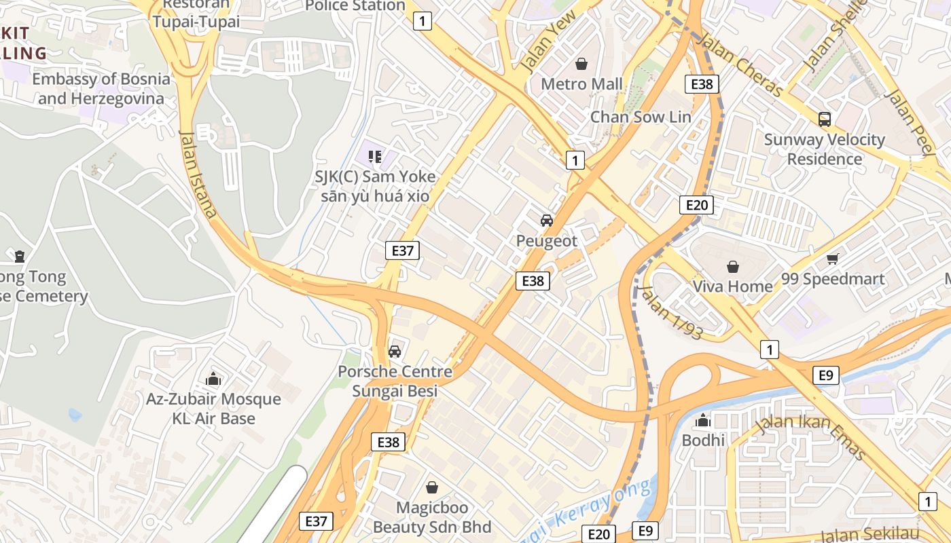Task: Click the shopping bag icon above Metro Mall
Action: (x=581, y=64)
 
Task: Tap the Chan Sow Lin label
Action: (x=640, y=117)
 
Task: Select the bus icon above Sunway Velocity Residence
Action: (x=825, y=119)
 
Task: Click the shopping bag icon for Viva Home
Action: (x=732, y=267)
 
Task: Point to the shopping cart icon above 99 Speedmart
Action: (x=833, y=259)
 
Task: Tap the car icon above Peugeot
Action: (x=546, y=221)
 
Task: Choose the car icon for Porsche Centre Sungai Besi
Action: (x=395, y=352)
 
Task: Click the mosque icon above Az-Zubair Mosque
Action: (x=213, y=379)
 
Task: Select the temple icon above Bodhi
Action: (x=703, y=420)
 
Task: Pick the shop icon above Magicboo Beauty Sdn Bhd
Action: (x=432, y=487)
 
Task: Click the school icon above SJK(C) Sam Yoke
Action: (x=375, y=157)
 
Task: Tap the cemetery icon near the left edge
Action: (x=20, y=257)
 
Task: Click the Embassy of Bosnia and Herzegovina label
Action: (x=101, y=89)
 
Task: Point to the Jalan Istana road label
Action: (x=198, y=174)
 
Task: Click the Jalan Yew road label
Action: (x=548, y=41)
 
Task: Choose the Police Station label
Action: (x=355, y=6)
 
